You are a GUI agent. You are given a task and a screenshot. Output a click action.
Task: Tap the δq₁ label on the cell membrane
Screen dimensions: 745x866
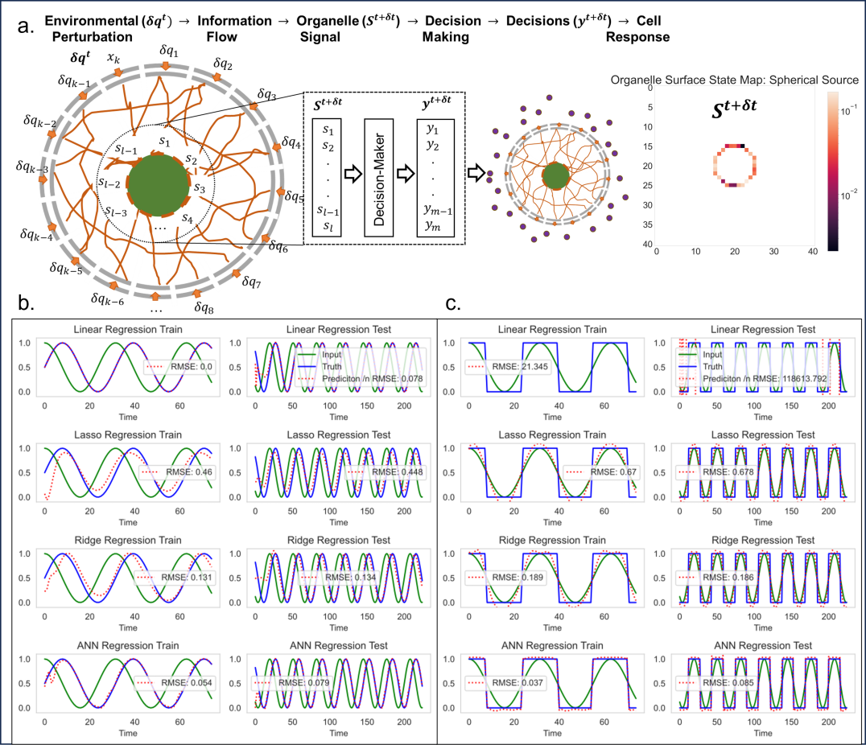coord(171,53)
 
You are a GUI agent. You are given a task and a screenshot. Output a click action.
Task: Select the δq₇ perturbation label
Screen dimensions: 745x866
coord(251,282)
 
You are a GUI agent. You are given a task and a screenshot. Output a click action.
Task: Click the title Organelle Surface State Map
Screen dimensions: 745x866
coord(735,80)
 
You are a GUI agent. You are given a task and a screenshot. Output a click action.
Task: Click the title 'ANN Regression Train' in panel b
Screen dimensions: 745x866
coord(129,645)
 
